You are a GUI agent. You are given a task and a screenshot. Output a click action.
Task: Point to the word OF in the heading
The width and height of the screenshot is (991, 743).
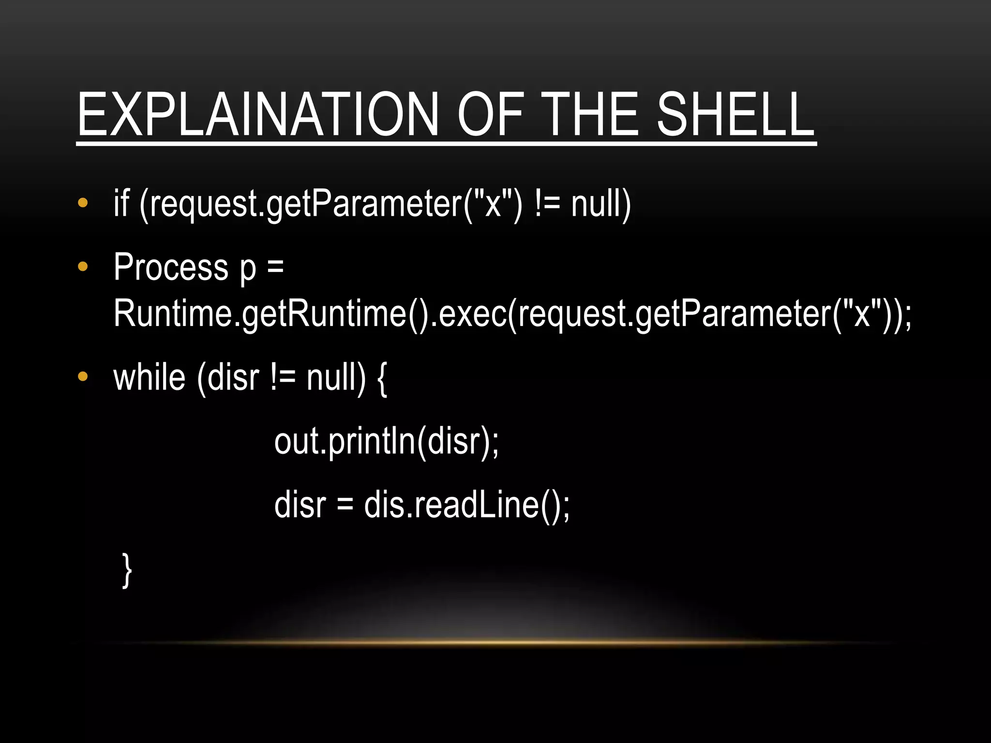[490, 115]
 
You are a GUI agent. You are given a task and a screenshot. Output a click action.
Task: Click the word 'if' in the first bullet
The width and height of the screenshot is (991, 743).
[121, 203]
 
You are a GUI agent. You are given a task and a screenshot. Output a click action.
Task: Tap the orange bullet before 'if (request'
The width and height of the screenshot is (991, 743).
[83, 203]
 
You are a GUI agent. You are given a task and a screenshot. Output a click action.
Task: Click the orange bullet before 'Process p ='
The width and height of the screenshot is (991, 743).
[83, 267]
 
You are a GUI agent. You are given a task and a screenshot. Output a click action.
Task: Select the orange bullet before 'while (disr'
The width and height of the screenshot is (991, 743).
[83, 377]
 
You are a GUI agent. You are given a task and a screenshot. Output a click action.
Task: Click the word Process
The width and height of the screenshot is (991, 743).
[171, 267]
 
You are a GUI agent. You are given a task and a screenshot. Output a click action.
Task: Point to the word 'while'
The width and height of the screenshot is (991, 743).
[149, 378]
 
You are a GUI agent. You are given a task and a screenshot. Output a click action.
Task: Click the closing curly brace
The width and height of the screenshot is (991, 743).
[127, 570]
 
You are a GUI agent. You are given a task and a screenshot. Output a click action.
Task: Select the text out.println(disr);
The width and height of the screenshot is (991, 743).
[386, 442]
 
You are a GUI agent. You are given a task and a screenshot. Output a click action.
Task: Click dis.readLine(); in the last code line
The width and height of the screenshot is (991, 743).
[467, 505]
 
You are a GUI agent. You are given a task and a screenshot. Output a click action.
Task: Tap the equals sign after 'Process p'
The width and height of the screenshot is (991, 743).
[275, 267]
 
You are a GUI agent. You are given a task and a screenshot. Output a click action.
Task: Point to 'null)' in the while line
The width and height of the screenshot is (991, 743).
[336, 378]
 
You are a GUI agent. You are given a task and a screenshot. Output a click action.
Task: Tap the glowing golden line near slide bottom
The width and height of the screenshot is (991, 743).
[495, 642]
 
